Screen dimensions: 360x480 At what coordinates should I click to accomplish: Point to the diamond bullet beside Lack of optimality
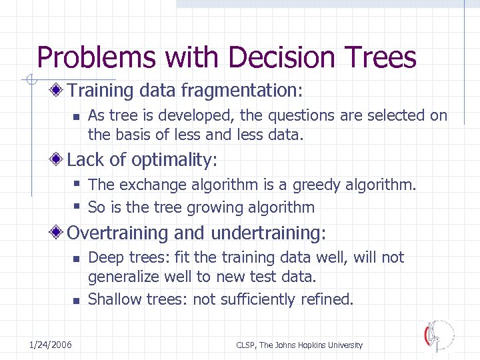59,160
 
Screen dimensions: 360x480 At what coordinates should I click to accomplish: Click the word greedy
305,185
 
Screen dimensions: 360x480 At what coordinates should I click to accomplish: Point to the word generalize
120,276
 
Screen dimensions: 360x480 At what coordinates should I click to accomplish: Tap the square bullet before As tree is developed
76,116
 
